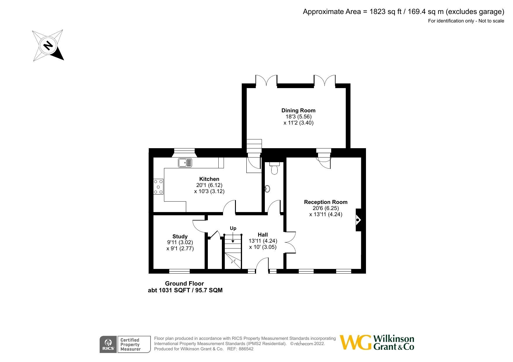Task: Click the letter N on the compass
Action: [48, 46]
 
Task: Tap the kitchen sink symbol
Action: [185, 163]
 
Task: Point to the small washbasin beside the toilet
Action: [267, 189]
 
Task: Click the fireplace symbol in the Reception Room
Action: [358, 220]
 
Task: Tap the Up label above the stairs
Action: [233, 228]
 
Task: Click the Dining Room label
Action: [298, 110]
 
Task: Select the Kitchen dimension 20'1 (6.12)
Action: [209, 185]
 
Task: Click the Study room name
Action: [180, 236]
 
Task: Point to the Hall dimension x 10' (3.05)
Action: [263, 247]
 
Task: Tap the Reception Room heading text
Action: [326, 202]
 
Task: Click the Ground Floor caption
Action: [184, 283]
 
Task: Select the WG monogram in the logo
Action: [355, 342]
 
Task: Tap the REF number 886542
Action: [246, 349]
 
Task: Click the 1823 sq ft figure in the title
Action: [385, 12]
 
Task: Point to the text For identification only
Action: [451, 21]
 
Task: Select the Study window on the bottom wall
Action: [179, 271]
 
